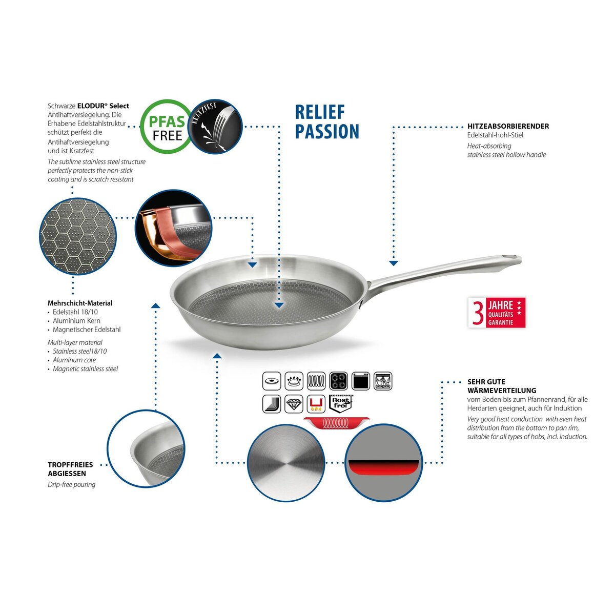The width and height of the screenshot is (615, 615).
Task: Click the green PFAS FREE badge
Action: [x=166, y=127]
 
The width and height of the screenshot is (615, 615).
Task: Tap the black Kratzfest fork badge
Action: [x=216, y=127]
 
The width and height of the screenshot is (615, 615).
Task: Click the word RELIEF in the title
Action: [x=320, y=112]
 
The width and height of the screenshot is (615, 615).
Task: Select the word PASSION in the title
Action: [x=327, y=132]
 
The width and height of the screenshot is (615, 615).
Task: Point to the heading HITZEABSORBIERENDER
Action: [x=508, y=126]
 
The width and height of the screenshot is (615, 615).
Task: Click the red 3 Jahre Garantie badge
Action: [x=497, y=313]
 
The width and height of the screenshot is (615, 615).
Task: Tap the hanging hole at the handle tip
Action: [x=510, y=257]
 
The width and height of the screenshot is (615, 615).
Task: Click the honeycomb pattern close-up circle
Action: [x=77, y=236]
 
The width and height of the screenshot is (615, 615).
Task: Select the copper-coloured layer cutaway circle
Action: [x=173, y=228]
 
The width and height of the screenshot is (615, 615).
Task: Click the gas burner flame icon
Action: [x=294, y=381]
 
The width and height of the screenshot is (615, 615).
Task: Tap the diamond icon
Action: [x=294, y=404]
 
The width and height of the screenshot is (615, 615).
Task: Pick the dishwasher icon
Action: [x=383, y=381]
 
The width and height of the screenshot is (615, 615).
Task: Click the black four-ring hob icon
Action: [x=338, y=381]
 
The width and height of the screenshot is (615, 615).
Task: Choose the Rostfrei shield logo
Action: [x=340, y=404]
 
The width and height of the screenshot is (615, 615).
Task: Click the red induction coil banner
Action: [x=336, y=423]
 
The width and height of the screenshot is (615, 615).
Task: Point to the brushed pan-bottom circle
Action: [x=286, y=463]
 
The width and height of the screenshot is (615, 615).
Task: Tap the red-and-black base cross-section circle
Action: [x=383, y=463]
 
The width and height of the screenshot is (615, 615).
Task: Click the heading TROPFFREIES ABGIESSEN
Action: [x=70, y=469]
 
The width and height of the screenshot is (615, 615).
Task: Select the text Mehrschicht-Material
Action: [x=80, y=303]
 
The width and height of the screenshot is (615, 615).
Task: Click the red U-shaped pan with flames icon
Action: [x=316, y=404]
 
